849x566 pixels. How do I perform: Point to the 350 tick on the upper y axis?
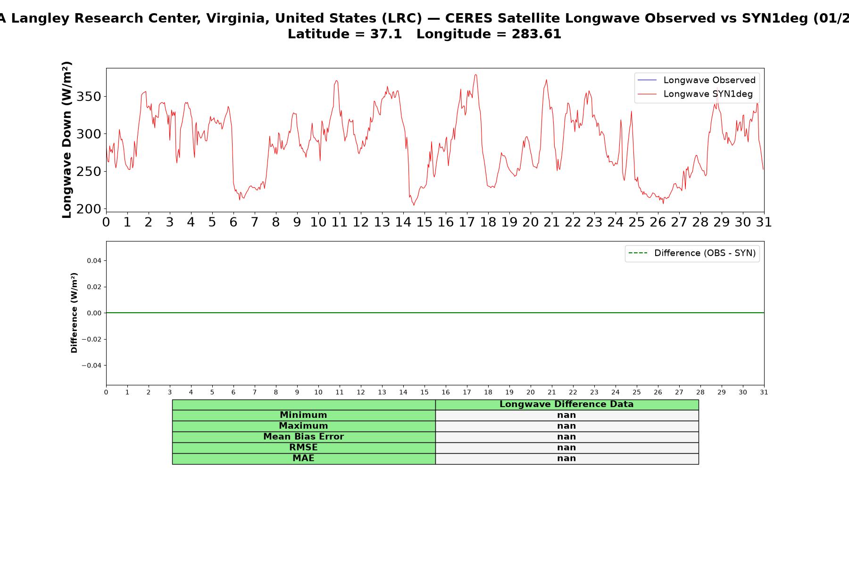coord(89,97)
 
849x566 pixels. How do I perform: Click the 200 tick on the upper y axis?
coord(89,209)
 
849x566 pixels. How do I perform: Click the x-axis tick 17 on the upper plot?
coord(467,222)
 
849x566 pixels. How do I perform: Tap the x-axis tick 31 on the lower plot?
coord(764,392)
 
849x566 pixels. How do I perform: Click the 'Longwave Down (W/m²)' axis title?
coord(67,140)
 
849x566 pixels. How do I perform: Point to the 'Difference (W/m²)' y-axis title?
coord(74,313)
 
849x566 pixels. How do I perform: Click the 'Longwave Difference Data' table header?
coord(566,404)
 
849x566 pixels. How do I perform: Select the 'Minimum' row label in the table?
coord(303,415)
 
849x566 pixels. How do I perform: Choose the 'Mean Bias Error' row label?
coord(303,437)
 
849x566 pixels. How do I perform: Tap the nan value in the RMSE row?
coord(566,448)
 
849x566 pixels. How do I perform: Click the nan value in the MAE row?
coord(566,458)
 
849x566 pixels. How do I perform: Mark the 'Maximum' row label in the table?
coord(303,426)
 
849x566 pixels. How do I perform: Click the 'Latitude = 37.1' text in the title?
coord(345,34)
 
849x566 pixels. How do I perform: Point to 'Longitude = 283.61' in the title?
coord(489,34)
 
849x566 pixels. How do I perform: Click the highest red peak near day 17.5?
coord(476,75)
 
